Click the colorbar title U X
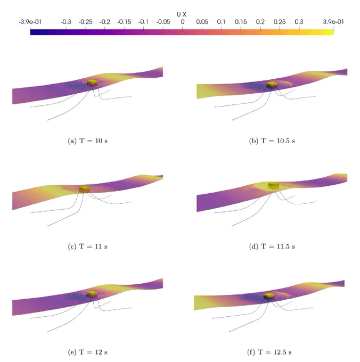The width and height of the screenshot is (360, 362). (182, 14)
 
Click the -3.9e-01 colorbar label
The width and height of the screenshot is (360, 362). (30, 22)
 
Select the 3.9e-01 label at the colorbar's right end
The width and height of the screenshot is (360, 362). (333, 22)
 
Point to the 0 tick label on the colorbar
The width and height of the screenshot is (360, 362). (183, 22)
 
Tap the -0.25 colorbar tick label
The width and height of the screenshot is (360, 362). (85, 22)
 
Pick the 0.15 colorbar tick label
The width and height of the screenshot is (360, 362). (241, 22)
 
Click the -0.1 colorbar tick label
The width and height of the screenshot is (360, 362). (143, 22)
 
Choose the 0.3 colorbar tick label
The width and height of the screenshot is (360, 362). (299, 22)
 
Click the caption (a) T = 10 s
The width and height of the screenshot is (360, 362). (88, 141)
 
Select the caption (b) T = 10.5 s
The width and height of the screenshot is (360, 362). (272, 141)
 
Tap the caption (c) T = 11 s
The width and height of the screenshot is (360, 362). (88, 246)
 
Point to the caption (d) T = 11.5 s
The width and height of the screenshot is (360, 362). (272, 246)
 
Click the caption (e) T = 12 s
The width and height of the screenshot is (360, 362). (88, 352)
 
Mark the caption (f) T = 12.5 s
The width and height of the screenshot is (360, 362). (269, 352)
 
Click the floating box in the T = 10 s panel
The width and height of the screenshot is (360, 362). (92, 83)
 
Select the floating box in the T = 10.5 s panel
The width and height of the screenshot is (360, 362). (272, 85)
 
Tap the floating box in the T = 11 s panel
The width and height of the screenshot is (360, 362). (85, 190)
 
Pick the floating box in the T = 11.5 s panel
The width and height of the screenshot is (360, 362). (274, 186)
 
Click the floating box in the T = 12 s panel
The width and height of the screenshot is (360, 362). (92, 294)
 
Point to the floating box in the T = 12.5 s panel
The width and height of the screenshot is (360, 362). (269, 296)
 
